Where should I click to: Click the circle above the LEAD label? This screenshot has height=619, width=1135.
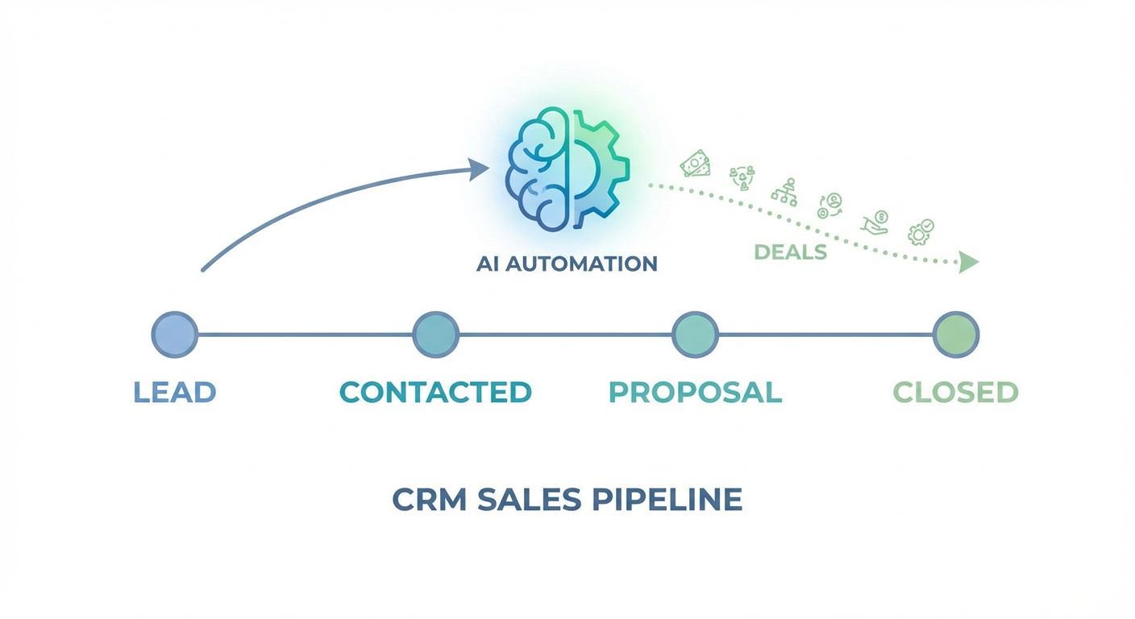175,334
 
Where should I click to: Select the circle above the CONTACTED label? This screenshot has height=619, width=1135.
435,334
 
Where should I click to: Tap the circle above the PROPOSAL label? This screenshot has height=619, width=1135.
695,334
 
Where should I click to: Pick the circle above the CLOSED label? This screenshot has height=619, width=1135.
956,334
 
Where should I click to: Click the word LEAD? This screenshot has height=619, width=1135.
175,393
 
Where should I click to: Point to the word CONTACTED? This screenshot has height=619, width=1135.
435,393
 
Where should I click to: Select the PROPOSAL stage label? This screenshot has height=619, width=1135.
695,393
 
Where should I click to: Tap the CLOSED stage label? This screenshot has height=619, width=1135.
956,393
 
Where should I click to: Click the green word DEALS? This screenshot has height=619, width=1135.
791,252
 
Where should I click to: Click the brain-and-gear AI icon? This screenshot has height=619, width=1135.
567,170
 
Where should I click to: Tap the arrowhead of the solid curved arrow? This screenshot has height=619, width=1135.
480,169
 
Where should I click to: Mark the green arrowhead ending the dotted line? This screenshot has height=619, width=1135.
968,262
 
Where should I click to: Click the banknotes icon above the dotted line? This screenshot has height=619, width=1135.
695,164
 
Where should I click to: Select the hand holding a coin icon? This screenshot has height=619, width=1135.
875,222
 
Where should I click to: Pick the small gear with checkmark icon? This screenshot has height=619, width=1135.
920,231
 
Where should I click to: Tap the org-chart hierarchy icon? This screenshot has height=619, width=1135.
784,191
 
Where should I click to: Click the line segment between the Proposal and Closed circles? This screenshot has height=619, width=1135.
825,334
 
